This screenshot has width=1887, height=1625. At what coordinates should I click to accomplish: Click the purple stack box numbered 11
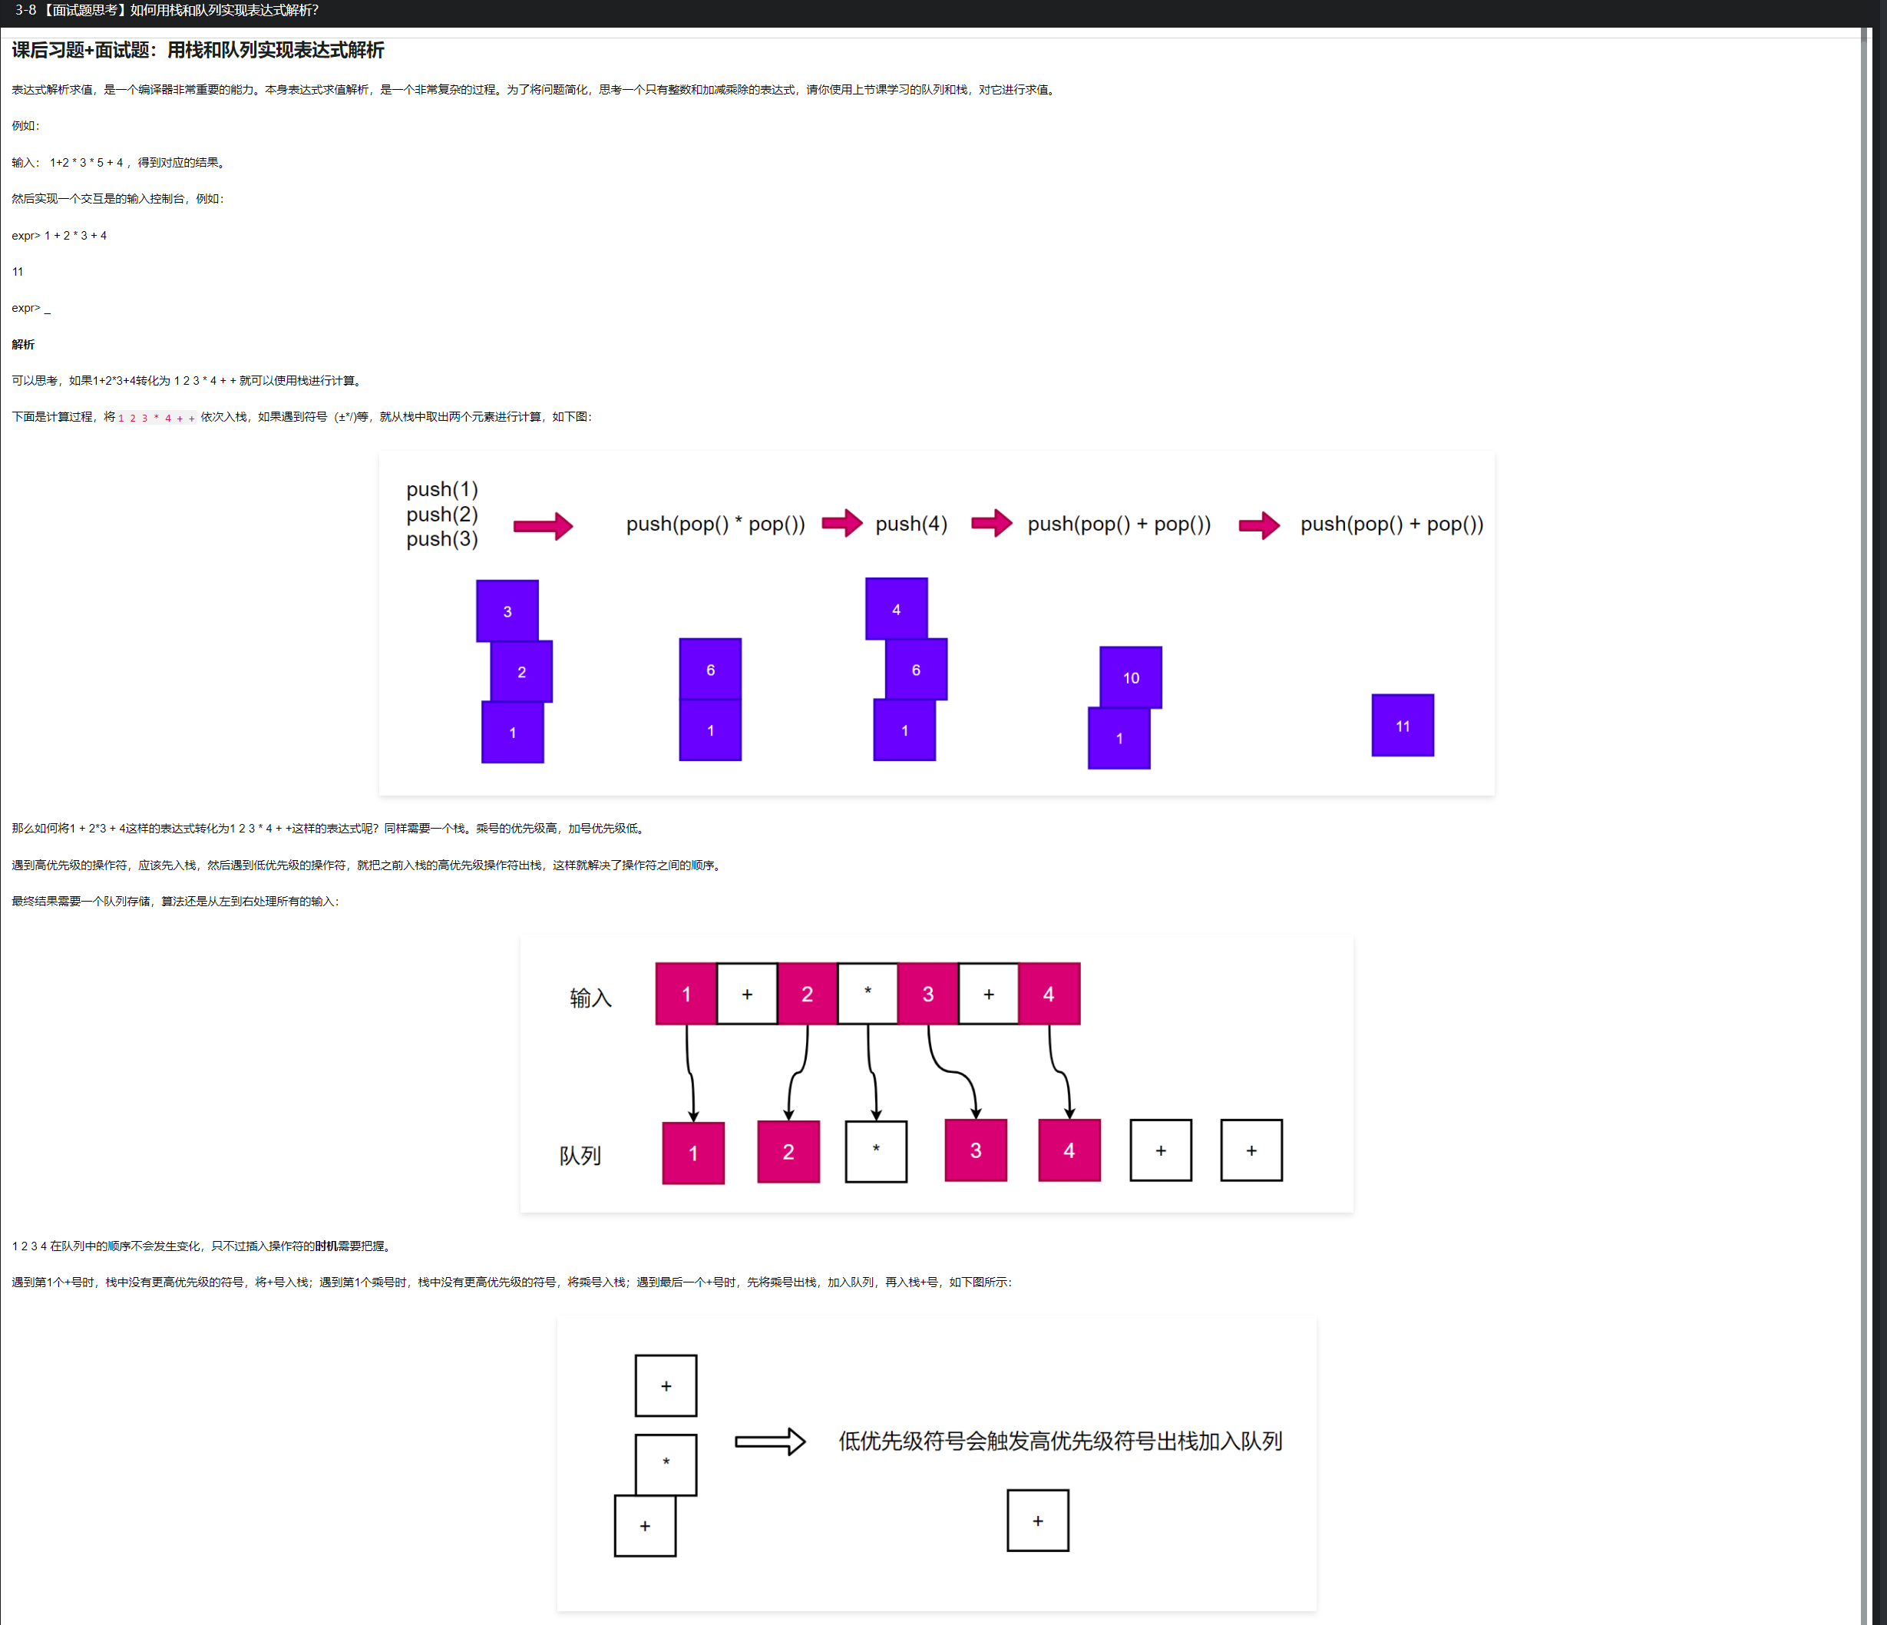(1403, 725)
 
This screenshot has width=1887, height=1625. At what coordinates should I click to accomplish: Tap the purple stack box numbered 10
(1130, 677)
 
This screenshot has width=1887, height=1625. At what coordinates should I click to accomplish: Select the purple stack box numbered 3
(507, 611)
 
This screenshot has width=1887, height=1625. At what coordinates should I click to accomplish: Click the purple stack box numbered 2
(521, 671)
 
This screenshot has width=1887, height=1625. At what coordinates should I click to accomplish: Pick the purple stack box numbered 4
(896, 608)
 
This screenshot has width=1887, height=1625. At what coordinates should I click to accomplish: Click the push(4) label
(910, 524)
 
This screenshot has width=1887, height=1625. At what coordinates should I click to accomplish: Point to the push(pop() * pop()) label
(715, 524)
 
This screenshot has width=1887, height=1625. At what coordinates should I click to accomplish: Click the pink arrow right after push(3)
(543, 525)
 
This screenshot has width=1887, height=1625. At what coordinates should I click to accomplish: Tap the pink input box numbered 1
(686, 994)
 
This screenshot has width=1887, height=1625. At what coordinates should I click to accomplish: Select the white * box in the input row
(867, 994)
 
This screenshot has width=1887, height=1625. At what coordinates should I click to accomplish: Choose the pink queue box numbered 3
(976, 1150)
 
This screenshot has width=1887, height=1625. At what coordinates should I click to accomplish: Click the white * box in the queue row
(876, 1151)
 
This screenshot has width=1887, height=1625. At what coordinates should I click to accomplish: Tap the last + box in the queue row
(1251, 1150)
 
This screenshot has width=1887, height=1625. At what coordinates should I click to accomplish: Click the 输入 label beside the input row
(590, 998)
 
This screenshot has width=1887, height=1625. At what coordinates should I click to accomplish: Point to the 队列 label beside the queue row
(580, 1156)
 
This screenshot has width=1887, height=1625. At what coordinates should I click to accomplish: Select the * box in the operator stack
(666, 1464)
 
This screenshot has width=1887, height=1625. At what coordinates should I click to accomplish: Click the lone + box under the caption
(1037, 1521)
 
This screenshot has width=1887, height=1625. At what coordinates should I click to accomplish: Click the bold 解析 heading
(23, 344)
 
